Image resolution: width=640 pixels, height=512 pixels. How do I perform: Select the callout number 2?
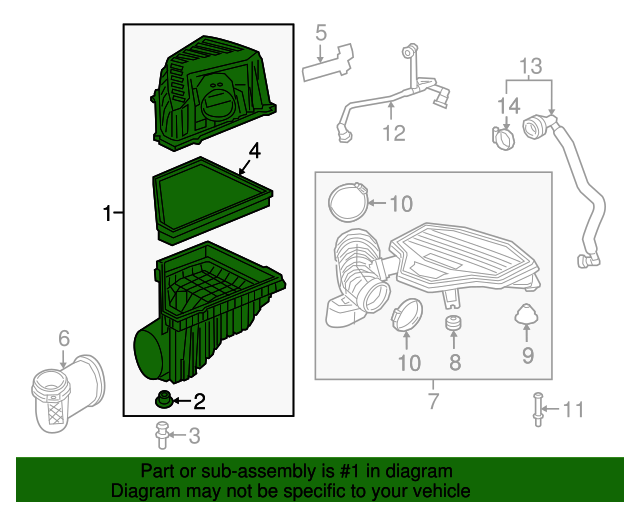click(198, 402)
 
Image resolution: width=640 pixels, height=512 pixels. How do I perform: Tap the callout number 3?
click(194, 435)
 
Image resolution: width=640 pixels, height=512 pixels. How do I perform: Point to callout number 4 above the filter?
click(254, 151)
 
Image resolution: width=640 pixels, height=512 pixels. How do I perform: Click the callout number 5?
click(321, 33)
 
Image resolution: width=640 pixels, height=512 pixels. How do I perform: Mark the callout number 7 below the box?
click(433, 402)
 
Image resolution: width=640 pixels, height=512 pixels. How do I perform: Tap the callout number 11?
click(571, 408)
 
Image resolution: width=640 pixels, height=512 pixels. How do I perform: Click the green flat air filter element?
click(212, 199)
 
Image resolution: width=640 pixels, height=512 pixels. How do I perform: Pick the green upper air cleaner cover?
click(214, 92)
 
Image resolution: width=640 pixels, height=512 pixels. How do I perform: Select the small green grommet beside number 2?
click(161, 402)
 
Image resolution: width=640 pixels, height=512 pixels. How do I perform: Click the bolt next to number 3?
click(160, 434)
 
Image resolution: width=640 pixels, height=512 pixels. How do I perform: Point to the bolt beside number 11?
click(538, 408)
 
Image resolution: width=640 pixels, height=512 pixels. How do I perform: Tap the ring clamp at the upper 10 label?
click(347, 201)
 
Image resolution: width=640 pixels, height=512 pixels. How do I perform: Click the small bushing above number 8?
click(453, 325)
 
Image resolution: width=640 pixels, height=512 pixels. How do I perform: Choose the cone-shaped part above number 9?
click(526, 317)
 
